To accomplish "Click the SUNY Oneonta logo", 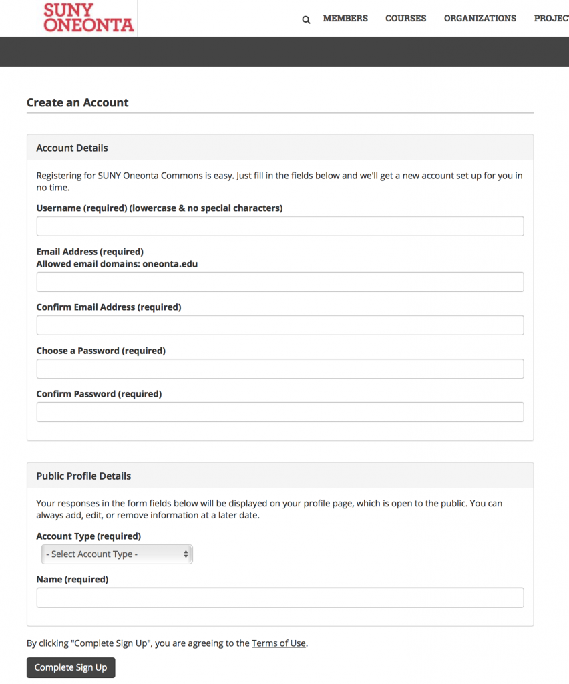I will coord(88,18).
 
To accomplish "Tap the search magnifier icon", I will coord(306,19).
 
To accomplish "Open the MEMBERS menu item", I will coord(345,19).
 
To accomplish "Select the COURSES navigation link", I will coord(405,19).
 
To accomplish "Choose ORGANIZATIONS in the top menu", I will coord(480,19).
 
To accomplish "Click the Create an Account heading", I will coord(77,103).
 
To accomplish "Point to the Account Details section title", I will coord(72,148).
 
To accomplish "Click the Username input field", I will coord(280,226).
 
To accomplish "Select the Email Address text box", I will coord(280,282).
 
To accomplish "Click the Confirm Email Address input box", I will coord(280,325).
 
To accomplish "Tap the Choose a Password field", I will coord(280,369).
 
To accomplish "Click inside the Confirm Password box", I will coord(280,412).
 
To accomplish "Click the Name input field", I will coord(280,597).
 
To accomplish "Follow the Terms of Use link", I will coord(278,643).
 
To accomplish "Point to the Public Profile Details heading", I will coord(83,476).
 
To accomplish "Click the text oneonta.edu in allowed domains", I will coord(170,264).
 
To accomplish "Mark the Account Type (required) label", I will coord(89,536).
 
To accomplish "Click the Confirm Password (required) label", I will coord(99,394).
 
